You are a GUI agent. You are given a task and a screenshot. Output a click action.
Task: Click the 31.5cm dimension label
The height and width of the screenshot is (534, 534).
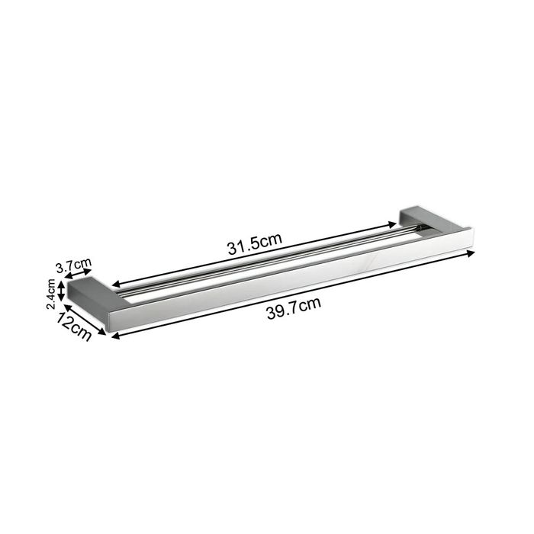[x=255, y=244]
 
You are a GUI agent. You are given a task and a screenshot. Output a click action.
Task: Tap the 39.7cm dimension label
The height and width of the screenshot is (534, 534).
[x=294, y=308]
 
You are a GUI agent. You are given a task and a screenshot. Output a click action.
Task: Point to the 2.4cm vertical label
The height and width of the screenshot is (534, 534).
[x=51, y=294]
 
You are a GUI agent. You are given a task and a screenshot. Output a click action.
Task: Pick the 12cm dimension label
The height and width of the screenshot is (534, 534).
[x=74, y=327]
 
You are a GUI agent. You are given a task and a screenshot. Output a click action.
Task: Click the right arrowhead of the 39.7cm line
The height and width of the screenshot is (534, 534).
[x=471, y=253]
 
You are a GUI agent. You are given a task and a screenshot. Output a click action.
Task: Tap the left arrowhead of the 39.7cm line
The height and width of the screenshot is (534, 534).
[x=116, y=336]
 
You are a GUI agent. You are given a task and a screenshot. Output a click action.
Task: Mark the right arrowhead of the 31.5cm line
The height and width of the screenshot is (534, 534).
[x=392, y=225]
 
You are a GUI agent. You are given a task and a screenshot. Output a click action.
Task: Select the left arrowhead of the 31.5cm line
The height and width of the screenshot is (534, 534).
[x=117, y=284]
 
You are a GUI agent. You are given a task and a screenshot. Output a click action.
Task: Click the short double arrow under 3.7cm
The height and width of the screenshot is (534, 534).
[x=79, y=273]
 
